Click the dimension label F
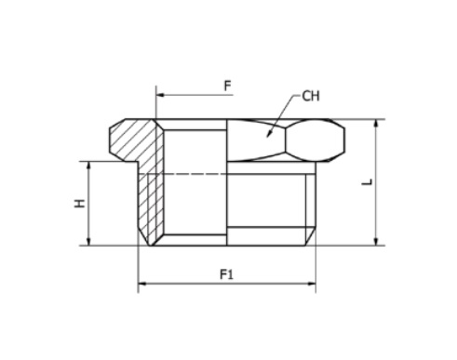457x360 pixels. coord(228,86)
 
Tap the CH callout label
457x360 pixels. coord(311,96)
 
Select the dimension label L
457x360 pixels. coord(367,182)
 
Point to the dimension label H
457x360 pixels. coord(79,204)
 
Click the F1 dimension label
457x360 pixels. coord(226,274)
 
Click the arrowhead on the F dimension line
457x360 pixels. coord(160,95)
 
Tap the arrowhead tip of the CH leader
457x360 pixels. coord(268,135)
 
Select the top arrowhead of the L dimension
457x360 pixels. coord(376,124)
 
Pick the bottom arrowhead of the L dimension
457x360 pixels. coord(376,241)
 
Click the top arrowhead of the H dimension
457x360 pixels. coord(88,166)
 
